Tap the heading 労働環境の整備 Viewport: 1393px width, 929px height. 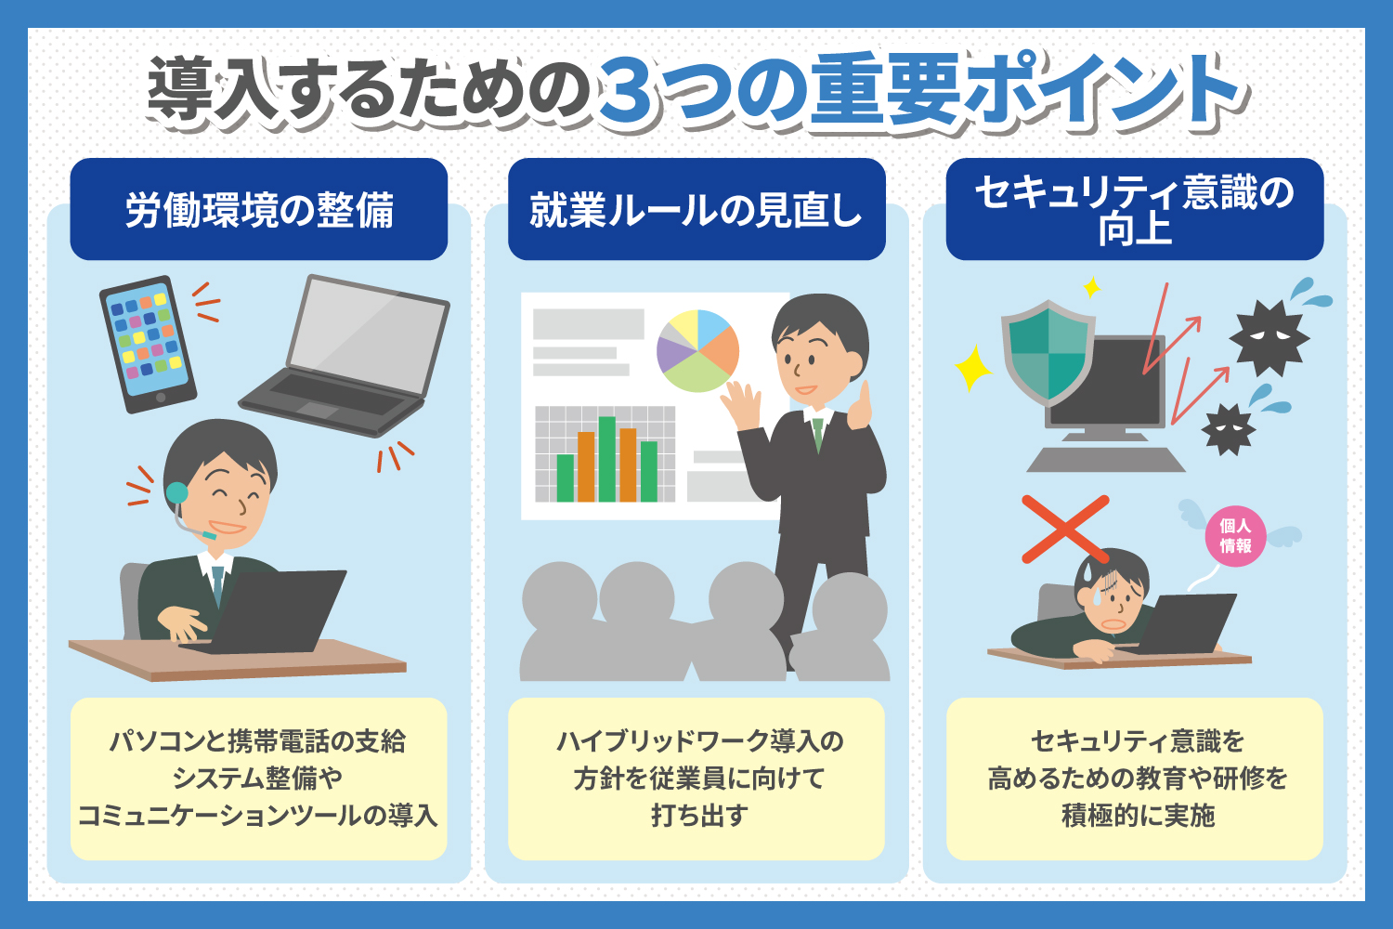pyautogui.click(x=259, y=210)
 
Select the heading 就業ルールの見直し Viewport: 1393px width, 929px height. pyautogui.click(x=696, y=210)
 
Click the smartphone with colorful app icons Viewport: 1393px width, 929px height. pyautogui.click(x=148, y=344)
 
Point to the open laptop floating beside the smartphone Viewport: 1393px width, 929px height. pyautogui.click(x=345, y=355)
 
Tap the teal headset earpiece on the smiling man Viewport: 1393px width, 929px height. pyautogui.click(x=177, y=492)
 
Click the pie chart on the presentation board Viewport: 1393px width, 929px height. pyautogui.click(x=697, y=351)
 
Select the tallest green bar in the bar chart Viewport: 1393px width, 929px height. pyautogui.click(x=607, y=459)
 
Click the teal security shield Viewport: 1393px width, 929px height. pyautogui.click(x=1048, y=352)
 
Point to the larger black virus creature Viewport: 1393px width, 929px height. pyautogui.click(x=1269, y=338)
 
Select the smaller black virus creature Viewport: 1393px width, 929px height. pyautogui.click(x=1229, y=429)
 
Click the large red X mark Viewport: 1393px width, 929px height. pyautogui.click(x=1065, y=530)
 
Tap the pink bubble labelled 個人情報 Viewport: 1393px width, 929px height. pyautogui.click(x=1235, y=536)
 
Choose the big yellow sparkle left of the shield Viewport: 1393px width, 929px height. pyautogui.click(x=973, y=368)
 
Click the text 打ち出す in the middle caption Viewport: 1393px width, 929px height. pyautogui.click(x=699, y=815)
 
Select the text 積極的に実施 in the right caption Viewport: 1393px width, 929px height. pyautogui.click(x=1138, y=815)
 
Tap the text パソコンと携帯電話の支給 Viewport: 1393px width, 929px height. pyautogui.click(x=257, y=741)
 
